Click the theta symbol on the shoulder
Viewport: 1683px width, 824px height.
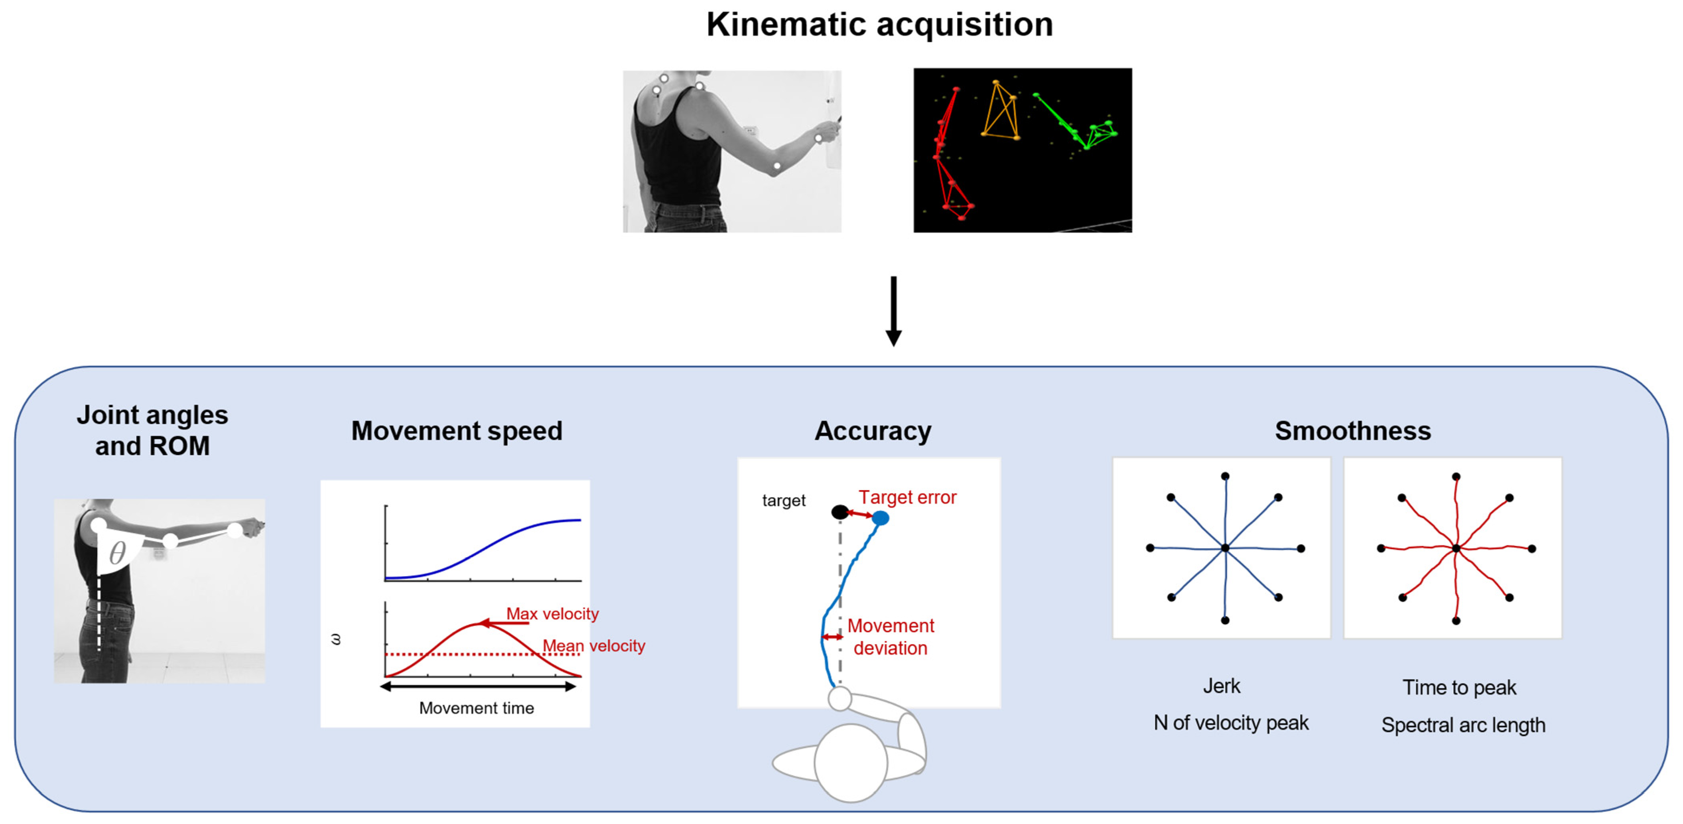[118, 553]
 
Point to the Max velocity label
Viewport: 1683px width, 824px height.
[552, 613]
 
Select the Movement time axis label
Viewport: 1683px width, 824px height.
[476, 708]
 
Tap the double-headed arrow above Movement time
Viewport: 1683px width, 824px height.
[478, 686]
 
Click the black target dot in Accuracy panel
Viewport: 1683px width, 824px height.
[840, 512]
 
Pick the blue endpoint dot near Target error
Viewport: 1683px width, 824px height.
[881, 518]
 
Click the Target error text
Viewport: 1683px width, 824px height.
[907, 497]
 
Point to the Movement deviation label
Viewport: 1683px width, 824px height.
[891, 637]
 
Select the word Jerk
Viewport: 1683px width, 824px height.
[1221, 686]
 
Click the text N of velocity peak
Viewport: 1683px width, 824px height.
[1231, 723]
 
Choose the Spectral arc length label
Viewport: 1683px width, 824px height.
[1463, 725]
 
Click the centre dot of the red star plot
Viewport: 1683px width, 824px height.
[1456, 548]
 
